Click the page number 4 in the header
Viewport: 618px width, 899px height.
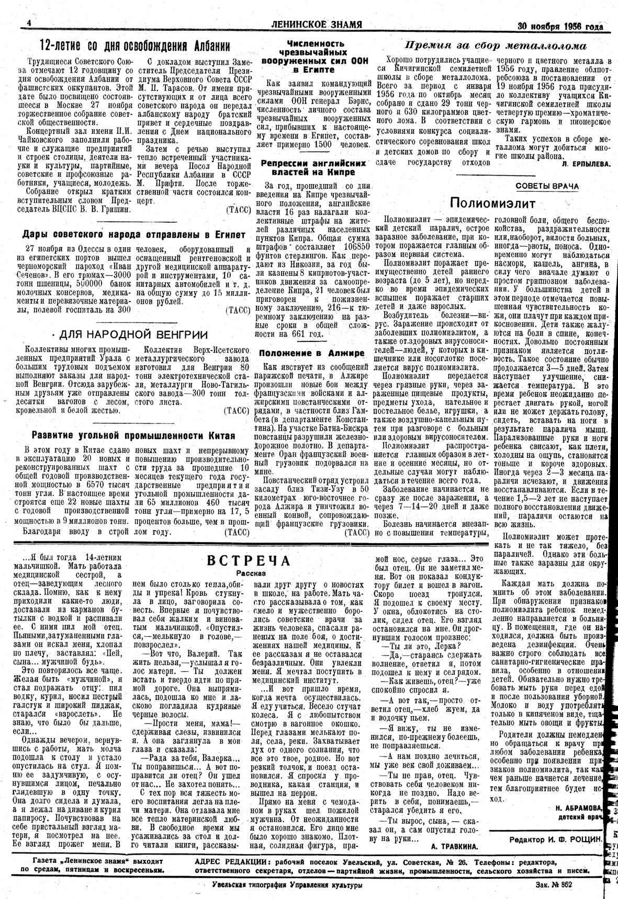[x=29, y=24]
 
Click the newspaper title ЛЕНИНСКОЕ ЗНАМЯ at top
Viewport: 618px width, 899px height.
[x=317, y=25]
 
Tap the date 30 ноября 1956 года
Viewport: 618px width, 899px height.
[x=560, y=26]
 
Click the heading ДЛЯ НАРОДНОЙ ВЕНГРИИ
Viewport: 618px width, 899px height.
[x=133, y=335]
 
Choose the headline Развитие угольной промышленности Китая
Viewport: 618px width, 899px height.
[x=133, y=435]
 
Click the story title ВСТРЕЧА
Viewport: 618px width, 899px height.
[x=249, y=560]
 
